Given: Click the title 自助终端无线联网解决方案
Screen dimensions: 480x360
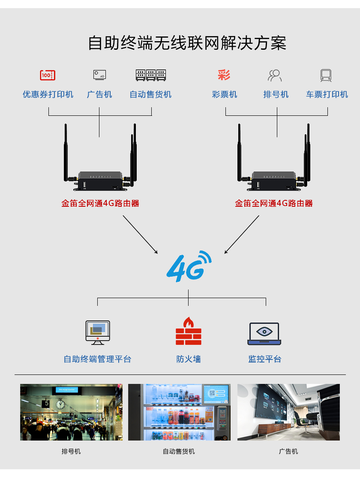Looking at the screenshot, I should [x=187, y=43].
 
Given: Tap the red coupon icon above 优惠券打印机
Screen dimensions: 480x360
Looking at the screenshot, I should [x=48, y=75].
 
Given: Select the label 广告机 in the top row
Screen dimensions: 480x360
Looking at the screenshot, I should [x=99, y=94].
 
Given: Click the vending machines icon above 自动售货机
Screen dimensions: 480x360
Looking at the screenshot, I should [x=151, y=75].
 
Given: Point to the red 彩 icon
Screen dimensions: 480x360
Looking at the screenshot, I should [x=224, y=75].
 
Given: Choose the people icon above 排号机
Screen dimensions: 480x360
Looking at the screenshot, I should [x=275, y=75].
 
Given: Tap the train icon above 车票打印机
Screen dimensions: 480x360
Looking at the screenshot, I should [x=326, y=75].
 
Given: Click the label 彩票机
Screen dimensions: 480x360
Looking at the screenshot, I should [x=225, y=94].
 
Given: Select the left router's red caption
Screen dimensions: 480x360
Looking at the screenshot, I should [x=100, y=203].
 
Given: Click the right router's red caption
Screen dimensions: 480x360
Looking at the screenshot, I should [x=274, y=203].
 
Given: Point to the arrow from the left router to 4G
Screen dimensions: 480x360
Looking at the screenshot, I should [x=140, y=234].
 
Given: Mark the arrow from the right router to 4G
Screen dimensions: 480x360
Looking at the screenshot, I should [x=242, y=234].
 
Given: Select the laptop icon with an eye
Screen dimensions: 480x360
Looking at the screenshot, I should [x=264, y=334].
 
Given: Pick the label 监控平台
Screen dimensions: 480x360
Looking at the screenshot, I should [x=265, y=359].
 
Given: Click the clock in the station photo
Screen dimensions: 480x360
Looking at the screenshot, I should [x=60, y=404].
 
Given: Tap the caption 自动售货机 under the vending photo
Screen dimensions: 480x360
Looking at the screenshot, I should [x=179, y=451].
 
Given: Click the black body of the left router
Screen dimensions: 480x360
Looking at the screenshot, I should [x=100, y=182].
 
